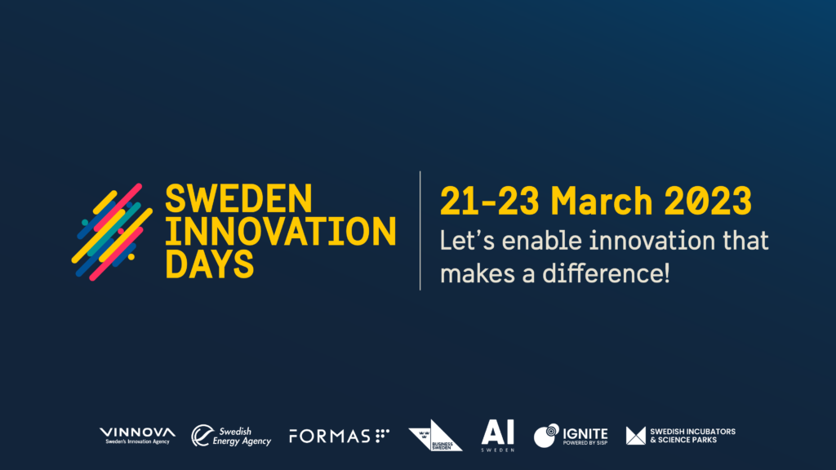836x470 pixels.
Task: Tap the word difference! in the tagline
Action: pyautogui.click(x=604, y=273)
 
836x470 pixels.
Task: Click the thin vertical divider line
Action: pyautogui.click(x=420, y=231)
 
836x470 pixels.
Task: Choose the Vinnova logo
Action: pyautogui.click(x=136, y=436)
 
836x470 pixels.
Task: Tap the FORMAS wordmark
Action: pyautogui.click(x=330, y=437)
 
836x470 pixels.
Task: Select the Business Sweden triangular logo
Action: pyautogui.click(x=434, y=436)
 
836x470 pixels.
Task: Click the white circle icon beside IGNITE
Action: pyautogui.click(x=546, y=436)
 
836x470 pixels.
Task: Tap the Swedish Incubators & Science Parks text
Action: pyautogui.click(x=691, y=436)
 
